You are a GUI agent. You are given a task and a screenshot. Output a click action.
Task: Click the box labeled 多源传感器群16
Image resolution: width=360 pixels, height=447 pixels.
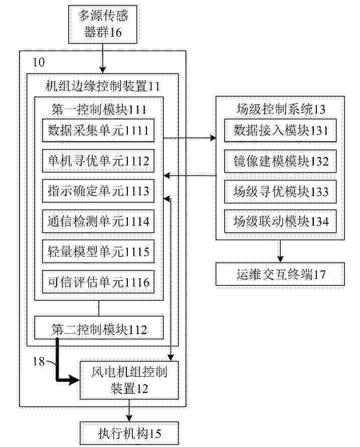102,24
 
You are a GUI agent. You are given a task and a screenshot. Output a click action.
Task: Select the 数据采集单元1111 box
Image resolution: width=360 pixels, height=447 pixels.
98,130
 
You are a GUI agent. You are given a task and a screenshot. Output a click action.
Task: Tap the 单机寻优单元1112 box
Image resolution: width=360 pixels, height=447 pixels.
98,161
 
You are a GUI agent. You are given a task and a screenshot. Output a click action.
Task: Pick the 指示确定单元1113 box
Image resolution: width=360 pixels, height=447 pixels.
98,191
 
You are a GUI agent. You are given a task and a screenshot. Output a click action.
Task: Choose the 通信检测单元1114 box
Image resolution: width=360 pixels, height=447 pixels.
98,221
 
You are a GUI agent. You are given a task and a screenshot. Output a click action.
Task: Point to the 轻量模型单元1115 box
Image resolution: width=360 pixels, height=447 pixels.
98,251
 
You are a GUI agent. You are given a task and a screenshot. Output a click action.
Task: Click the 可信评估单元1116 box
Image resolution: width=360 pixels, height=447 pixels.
98,282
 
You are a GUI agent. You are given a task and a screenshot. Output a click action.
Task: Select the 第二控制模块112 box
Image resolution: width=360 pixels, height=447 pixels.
99,328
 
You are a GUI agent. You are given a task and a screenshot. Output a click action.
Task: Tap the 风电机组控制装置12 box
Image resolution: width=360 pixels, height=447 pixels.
129,380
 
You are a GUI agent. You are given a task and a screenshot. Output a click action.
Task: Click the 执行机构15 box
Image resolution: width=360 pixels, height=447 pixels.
129,433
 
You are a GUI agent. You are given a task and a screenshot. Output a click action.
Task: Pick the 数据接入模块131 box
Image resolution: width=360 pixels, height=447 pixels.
280,130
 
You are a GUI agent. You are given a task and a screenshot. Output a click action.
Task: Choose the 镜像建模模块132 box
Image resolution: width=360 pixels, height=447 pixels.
280,161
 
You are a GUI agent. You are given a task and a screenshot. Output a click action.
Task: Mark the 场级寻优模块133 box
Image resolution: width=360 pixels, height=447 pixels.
280,191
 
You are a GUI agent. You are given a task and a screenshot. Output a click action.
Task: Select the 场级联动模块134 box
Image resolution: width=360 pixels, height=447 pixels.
280,221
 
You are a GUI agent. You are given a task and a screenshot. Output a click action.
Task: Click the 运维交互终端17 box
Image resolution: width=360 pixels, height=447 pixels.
280,274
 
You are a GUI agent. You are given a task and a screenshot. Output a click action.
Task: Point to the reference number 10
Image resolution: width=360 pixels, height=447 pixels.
39,62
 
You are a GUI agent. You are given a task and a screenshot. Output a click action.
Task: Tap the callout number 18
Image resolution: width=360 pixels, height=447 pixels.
39,362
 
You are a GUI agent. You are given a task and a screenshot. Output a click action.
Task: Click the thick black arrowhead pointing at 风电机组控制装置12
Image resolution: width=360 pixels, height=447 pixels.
75,380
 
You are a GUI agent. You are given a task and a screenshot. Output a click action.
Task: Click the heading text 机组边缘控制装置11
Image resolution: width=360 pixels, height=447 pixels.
102,86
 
